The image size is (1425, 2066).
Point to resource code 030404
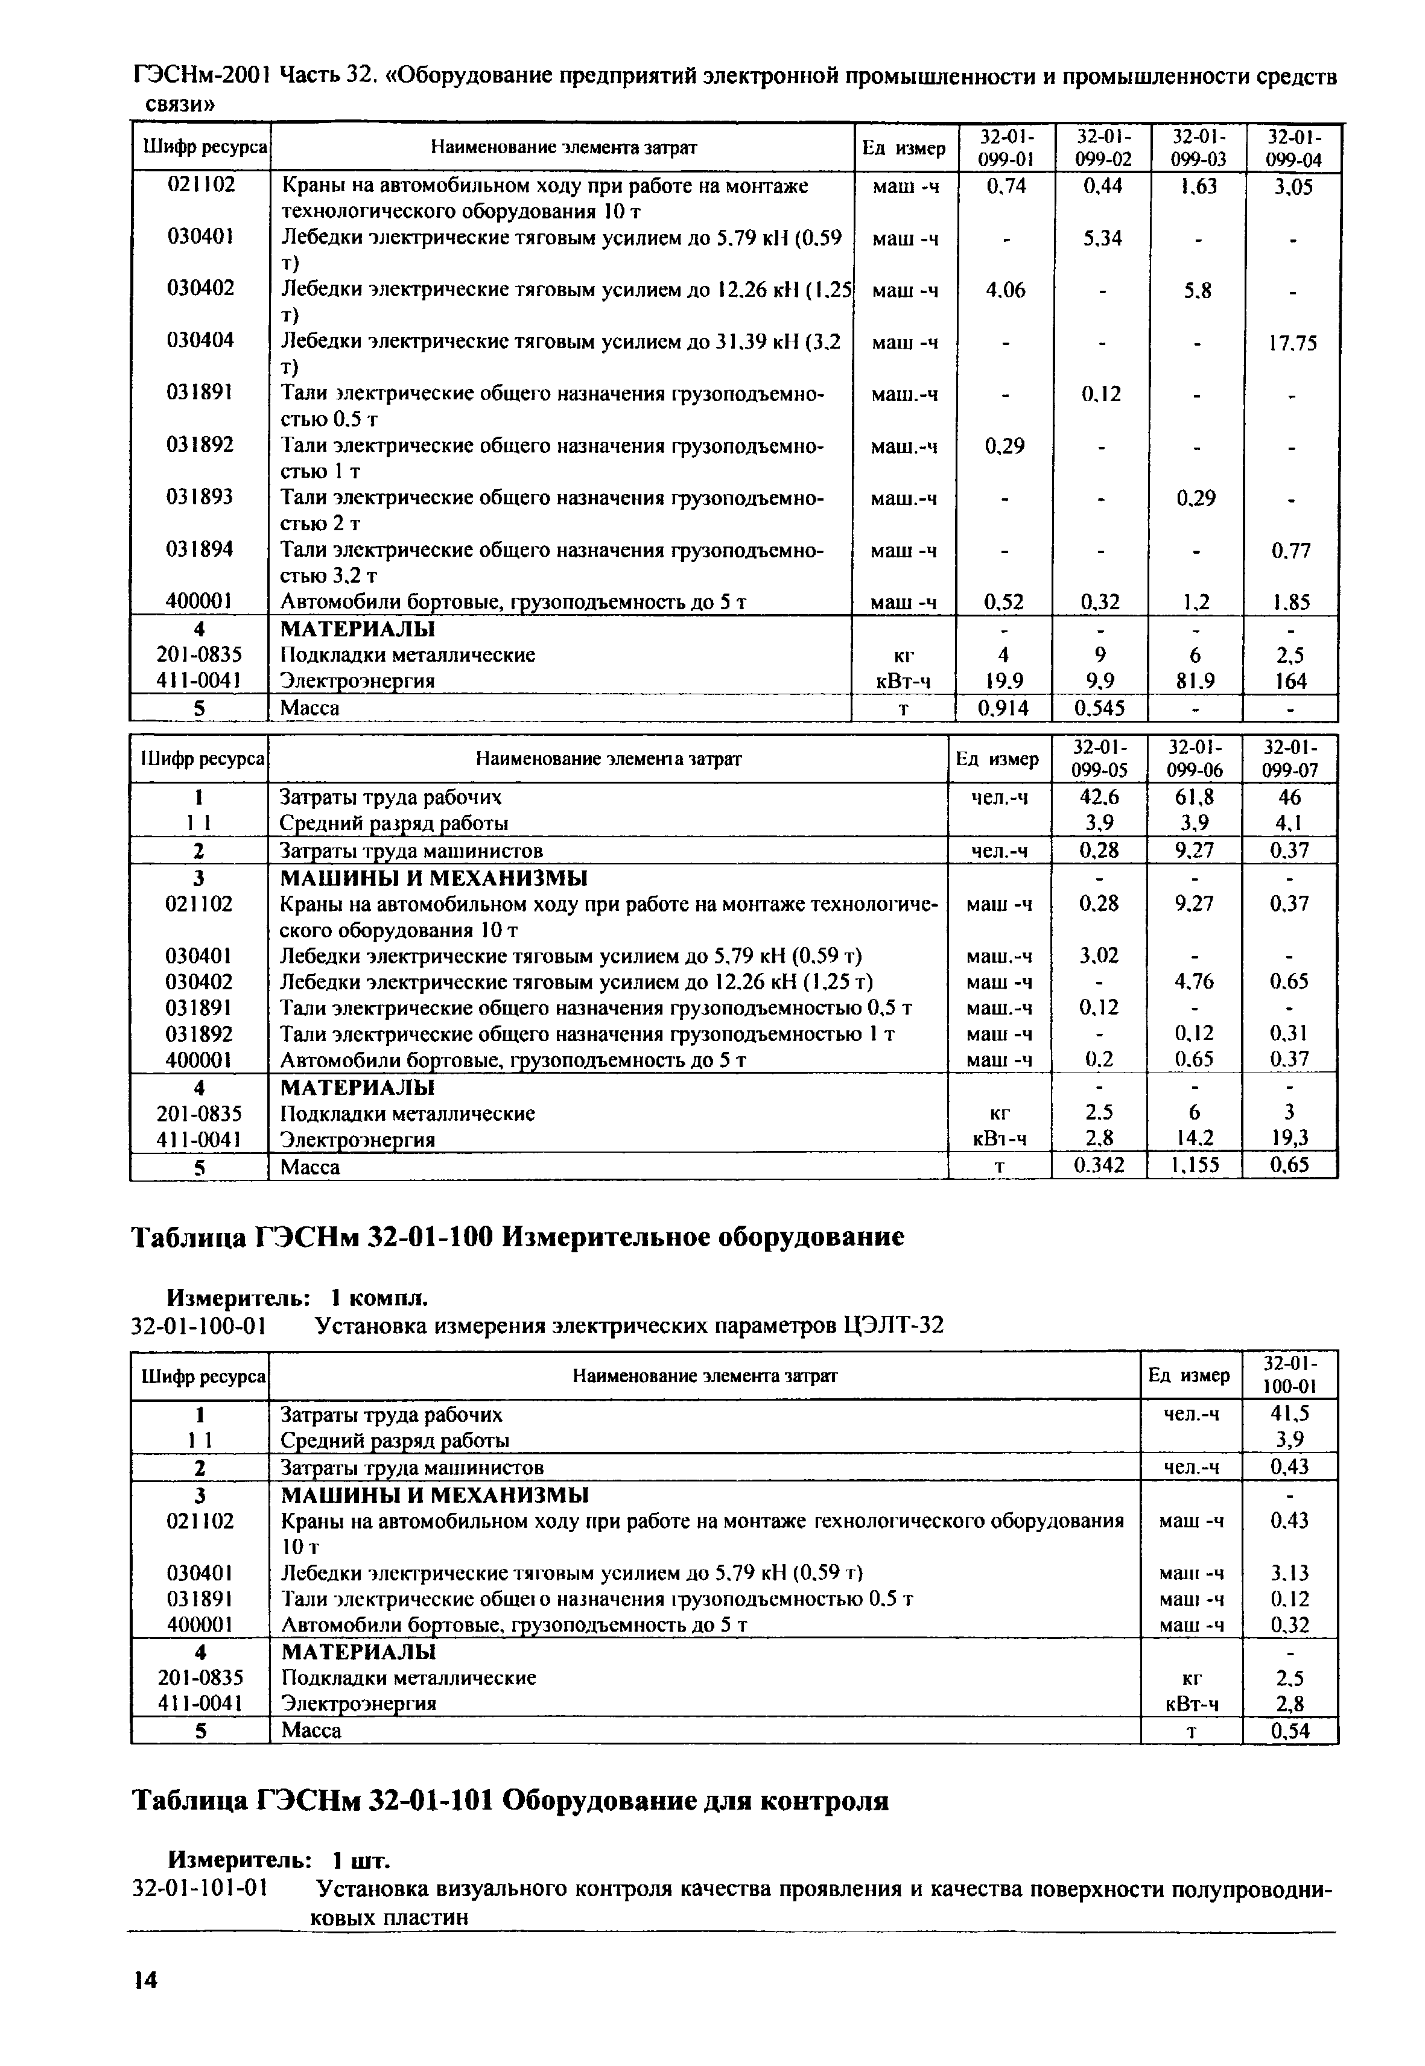tap(200, 340)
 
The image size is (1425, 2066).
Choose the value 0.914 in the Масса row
tap(1003, 709)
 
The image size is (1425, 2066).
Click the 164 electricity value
tap(1291, 681)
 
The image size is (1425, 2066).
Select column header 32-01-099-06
tap(1194, 759)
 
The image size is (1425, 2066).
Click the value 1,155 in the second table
tap(1194, 1166)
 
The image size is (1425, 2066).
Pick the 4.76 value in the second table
tap(1194, 982)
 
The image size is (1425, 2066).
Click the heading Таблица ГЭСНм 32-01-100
tap(517, 1237)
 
